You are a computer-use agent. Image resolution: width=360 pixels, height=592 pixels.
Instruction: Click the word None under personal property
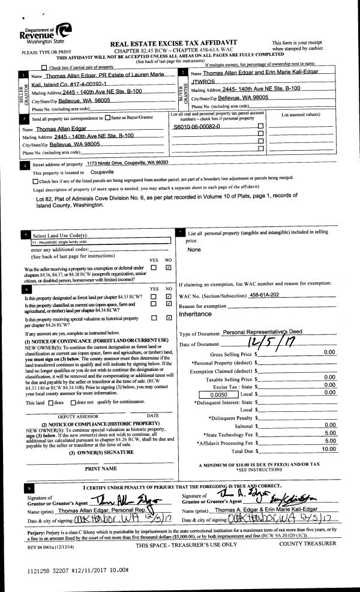[194, 249]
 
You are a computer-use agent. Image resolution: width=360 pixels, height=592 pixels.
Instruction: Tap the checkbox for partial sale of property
[44, 67]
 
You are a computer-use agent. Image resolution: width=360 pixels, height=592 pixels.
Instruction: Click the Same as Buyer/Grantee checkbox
[107, 118]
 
